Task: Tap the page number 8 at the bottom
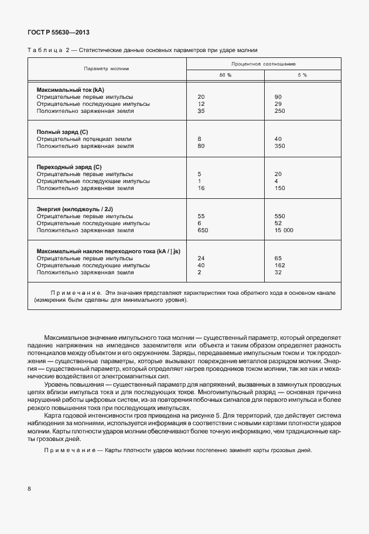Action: coord(29,488)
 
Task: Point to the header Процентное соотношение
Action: coord(263,63)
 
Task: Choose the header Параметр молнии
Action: coord(106,69)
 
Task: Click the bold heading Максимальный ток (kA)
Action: coord(70,89)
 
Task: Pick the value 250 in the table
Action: coord(279,111)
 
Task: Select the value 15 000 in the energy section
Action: coord(283,230)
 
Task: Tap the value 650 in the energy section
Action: coord(203,230)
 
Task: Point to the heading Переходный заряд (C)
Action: coord(69,167)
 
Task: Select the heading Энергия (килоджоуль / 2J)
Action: coord(77,209)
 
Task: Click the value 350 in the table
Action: coord(279,146)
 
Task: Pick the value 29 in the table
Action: coord(278,104)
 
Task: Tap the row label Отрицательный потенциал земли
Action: coord(84,139)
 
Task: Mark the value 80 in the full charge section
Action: coord(201,146)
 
